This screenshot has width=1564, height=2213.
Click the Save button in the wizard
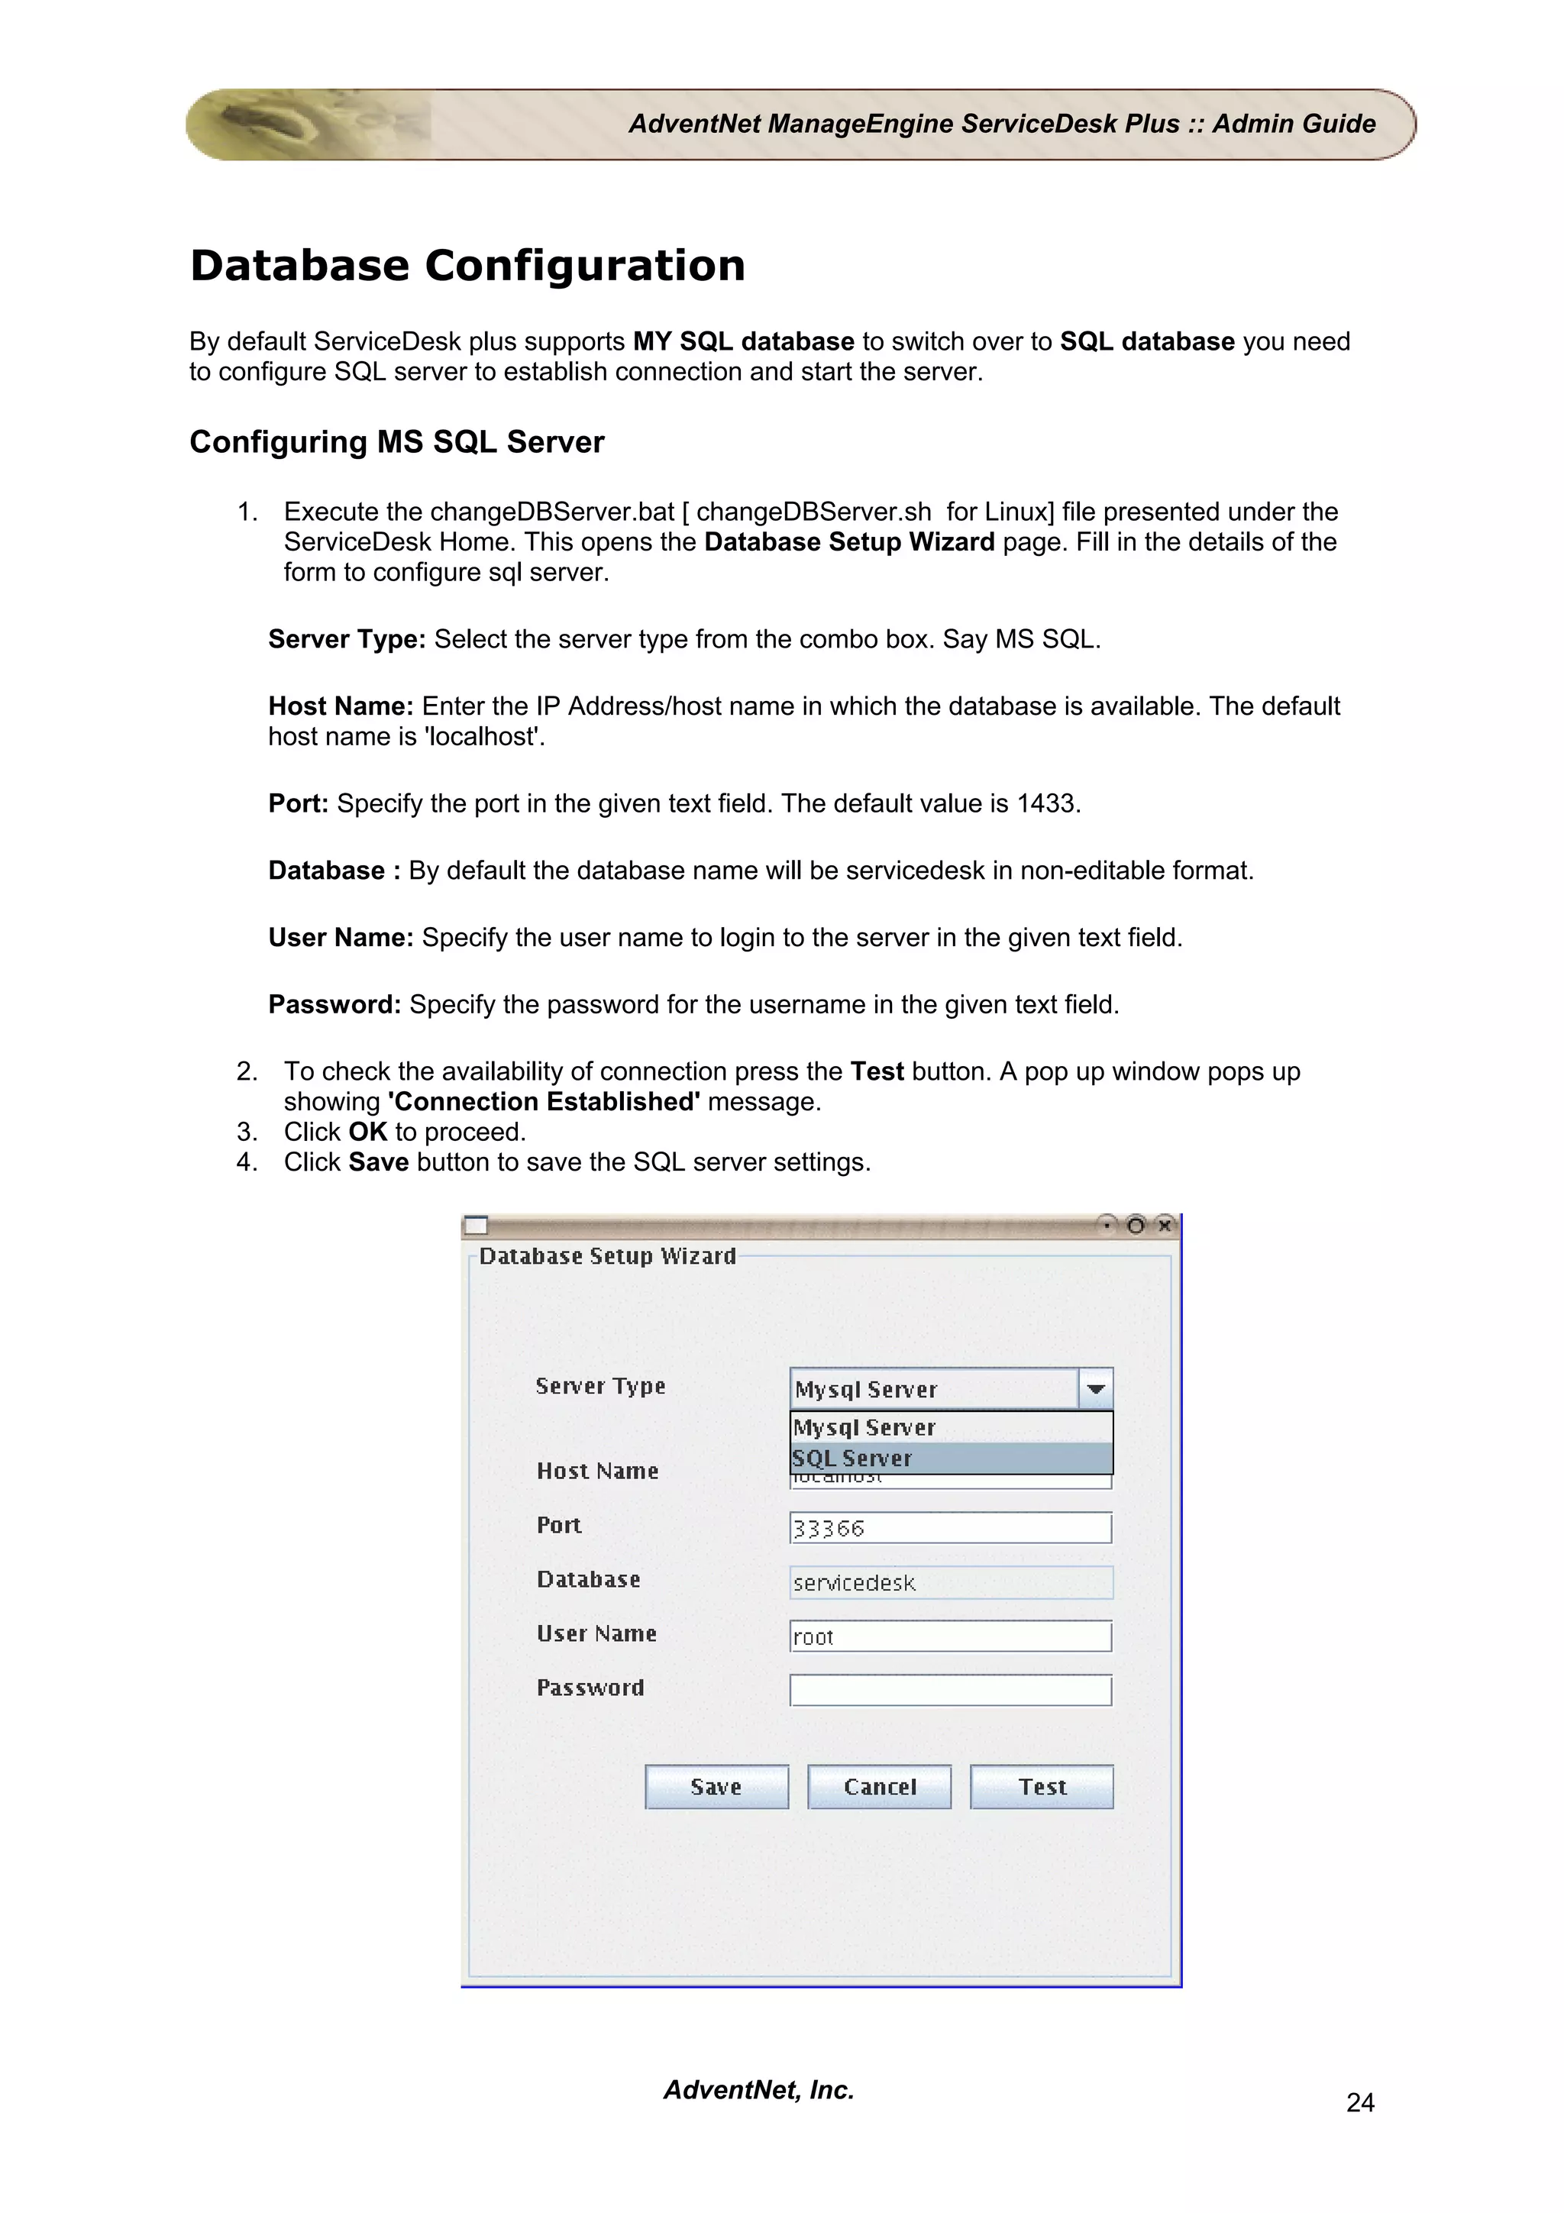[x=716, y=1786]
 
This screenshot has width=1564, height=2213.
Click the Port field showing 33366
[x=949, y=1528]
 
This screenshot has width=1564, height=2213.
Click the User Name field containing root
[x=949, y=1636]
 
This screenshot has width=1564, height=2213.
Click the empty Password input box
[x=949, y=1690]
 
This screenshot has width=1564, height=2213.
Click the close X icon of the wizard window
[x=1164, y=1225]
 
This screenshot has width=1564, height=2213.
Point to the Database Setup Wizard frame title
[x=607, y=1256]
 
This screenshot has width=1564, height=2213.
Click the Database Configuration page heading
[x=467, y=265]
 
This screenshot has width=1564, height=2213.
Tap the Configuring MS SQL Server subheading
[x=396, y=441]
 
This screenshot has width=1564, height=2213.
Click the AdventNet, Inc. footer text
[x=758, y=2089]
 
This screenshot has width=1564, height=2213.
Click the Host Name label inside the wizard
[x=597, y=1471]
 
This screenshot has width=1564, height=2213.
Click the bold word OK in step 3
[x=367, y=1132]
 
